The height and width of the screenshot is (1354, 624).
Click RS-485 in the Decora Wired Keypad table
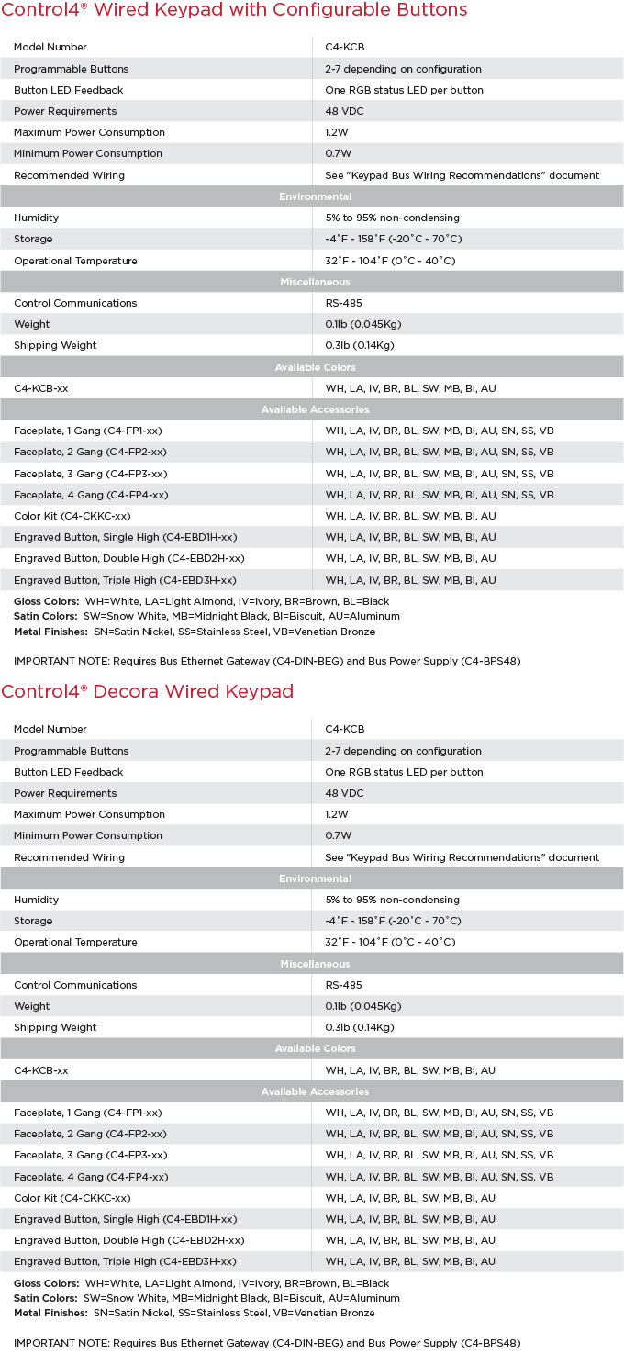point(345,985)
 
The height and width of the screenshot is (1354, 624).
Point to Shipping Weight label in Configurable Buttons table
point(55,345)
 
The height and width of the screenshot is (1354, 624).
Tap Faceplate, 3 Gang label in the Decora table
point(91,1155)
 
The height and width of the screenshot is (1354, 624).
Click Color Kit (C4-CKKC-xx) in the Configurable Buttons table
point(72,516)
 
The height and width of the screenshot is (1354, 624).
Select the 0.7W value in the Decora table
point(338,835)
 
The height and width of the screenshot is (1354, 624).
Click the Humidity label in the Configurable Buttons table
point(37,218)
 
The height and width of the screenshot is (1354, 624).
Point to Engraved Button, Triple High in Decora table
point(125,1261)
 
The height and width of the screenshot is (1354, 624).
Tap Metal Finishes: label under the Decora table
point(51,1313)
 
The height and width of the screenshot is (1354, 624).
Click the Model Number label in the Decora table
point(50,729)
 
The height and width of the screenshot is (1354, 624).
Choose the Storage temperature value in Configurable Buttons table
point(393,239)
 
